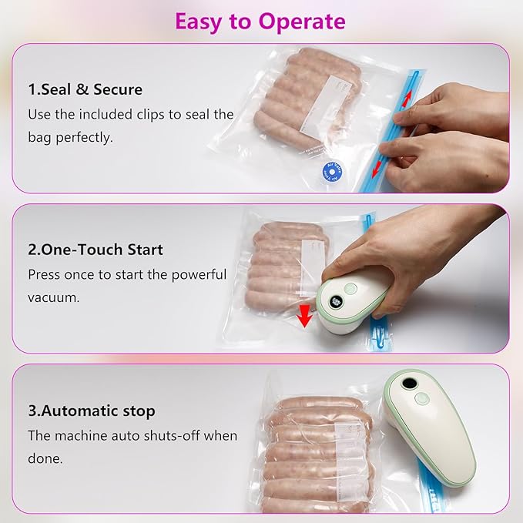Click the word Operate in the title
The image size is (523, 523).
[303, 21]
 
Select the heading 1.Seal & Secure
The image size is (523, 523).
[85, 89]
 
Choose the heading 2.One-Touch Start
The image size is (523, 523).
[96, 250]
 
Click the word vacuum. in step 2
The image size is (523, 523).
[54, 297]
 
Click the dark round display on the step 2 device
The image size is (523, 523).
[335, 301]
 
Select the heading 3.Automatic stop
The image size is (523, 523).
[92, 411]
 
